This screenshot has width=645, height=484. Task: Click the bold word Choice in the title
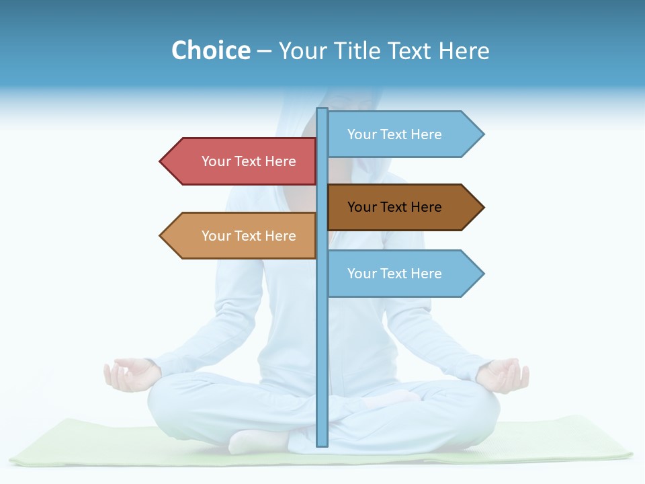click(210, 50)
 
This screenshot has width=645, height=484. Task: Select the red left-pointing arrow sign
click(242, 161)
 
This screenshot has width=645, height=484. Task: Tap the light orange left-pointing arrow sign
click(242, 236)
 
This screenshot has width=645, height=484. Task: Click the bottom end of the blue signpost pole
click(322, 444)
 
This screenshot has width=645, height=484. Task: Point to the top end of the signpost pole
click(322, 110)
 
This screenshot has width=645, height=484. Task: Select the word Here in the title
click(464, 50)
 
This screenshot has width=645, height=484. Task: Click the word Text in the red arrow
click(249, 161)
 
